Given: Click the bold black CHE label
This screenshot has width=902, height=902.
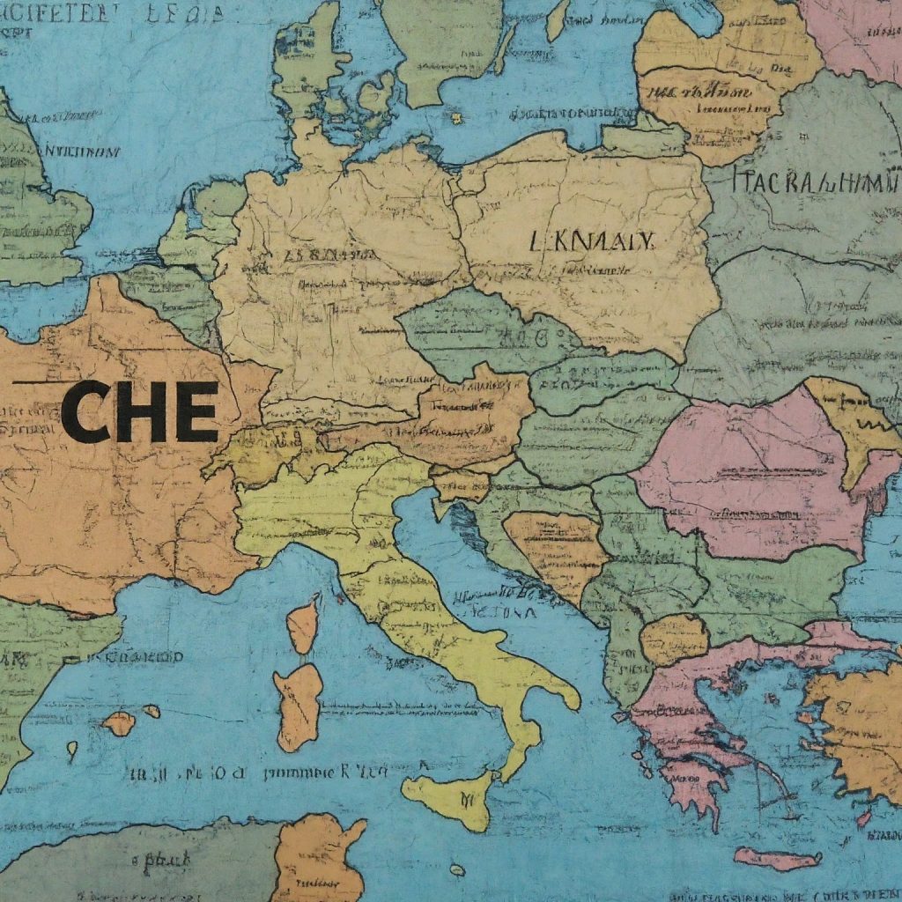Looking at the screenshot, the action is pyautogui.click(x=139, y=412).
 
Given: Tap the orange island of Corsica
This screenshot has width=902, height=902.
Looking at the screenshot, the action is pyautogui.click(x=304, y=624).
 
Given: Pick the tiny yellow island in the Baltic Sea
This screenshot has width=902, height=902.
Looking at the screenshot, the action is pyautogui.click(x=456, y=117).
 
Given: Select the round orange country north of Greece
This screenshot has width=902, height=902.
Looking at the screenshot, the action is pyautogui.click(x=674, y=639).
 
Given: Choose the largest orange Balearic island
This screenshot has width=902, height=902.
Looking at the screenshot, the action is pyautogui.click(x=119, y=723).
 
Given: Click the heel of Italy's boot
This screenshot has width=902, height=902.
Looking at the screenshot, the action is pyautogui.click(x=564, y=696).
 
